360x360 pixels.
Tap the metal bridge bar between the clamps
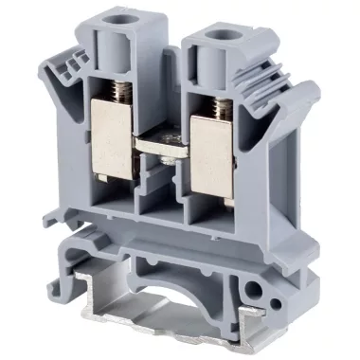click(167, 152)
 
